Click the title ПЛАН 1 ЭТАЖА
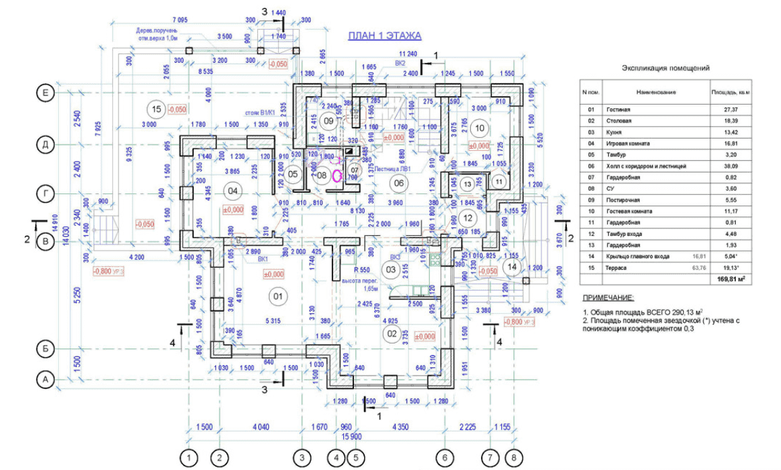click(x=384, y=36)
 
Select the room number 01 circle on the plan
click(x=276, y=296)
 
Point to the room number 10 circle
click(x=480, y=127)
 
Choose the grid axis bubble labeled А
click(x=45, y=380)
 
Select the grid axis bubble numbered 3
click(x=302, y=457)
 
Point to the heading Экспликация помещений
click(x=665, y=68)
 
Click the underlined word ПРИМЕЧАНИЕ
click(x=608, y=298)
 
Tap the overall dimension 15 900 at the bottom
click(x=351, y=436)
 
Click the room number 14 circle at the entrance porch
click(x=512, y=266)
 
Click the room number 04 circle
click(x=234, y=191)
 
